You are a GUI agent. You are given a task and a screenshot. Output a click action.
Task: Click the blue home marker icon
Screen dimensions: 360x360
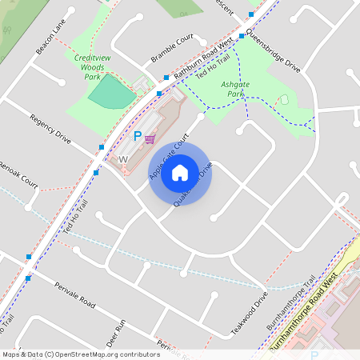pyautogui.click(x=180, y=172)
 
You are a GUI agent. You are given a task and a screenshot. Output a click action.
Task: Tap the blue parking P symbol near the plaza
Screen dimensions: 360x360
pyautogui.click(x=137, y=137)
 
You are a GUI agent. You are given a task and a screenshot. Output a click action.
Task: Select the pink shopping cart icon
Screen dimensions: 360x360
pyautogui.click(x=150, y=138)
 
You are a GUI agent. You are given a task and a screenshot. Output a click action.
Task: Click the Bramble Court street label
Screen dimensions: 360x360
pyautogui.click(x=172, y=50)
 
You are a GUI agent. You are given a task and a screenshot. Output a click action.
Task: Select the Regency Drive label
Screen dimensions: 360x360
pyautogui.click(x=50, y=130)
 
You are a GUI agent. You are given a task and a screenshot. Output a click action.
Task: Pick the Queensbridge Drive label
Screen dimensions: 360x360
pyautogui.click(x=273, y=51)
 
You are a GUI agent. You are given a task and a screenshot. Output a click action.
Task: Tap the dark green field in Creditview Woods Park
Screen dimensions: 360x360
pyautogui.click(x=111, y=91)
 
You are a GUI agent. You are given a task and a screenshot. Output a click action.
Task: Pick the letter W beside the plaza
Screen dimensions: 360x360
pyautogui.click(x=123, y=160)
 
